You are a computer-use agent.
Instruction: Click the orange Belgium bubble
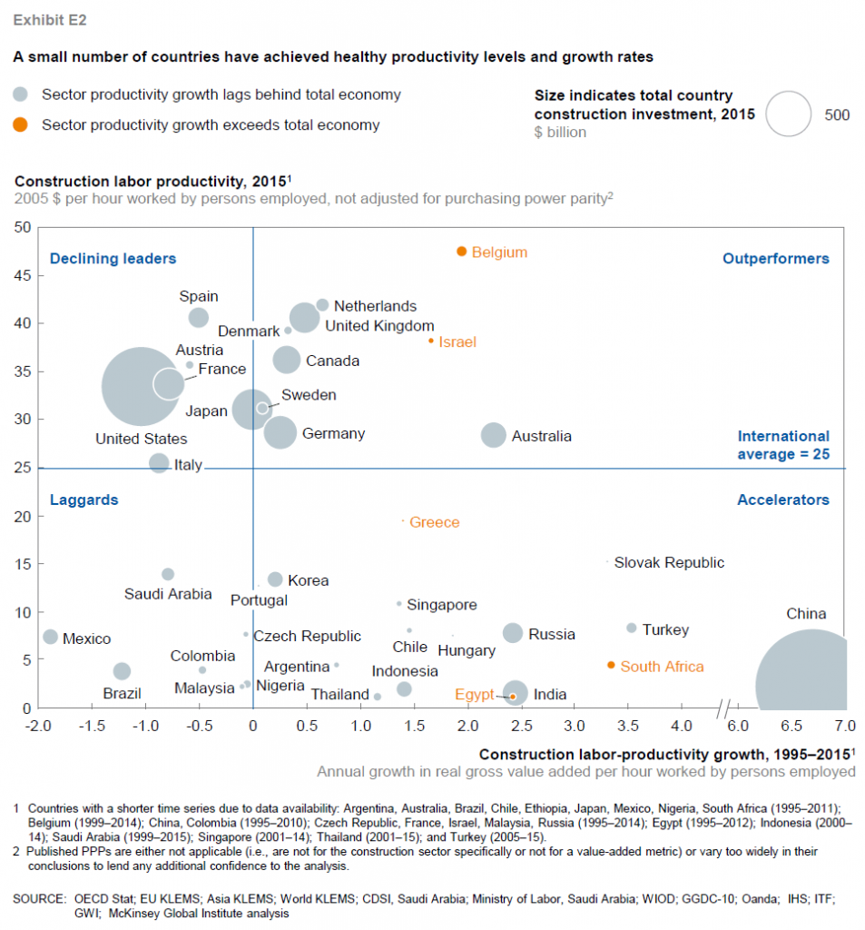coord(462,251)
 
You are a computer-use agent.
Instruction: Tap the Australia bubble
coord(493,435)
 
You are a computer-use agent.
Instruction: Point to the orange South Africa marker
coord(611,666)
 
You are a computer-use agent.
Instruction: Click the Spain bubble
coord(199,317)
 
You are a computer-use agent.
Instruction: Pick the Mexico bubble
coord(50,637)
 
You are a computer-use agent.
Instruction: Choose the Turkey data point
coord(632,628)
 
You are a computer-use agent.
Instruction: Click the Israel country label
coord(457,342)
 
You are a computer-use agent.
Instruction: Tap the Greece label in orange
coord(434,522)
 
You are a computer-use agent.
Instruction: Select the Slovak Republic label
coord(669,562)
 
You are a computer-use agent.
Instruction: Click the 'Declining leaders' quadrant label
coord(113,259)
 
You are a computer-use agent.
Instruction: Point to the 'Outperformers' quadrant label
coord(775,259)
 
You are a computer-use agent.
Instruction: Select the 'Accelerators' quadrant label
coord(782,500)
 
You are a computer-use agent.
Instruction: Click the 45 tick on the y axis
coord(19,275)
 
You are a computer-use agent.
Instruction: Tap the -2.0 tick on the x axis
coord(37,727)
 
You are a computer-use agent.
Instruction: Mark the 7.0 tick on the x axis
coord(845,727)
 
